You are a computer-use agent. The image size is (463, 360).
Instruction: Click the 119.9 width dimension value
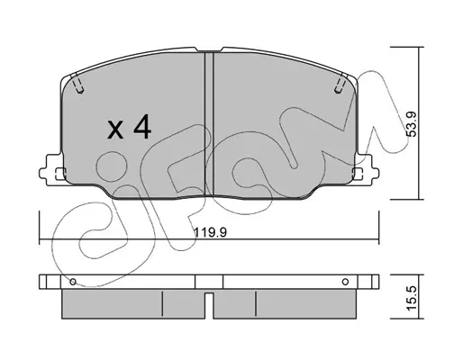(x=210, y=232)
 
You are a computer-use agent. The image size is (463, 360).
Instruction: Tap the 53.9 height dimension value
(x=412, y=124)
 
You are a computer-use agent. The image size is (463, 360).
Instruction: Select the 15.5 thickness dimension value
(x=412, y=298)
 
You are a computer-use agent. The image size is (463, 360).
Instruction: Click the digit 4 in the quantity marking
(x=142, y=126)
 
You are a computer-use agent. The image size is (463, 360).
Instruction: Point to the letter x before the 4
(x=115, y=130)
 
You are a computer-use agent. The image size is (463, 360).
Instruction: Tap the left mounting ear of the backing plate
(x=51, y=169)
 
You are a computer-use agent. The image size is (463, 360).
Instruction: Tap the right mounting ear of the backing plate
(x=367, y=169)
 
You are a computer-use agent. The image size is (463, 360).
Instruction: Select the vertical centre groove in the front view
(x=209, y=124)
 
